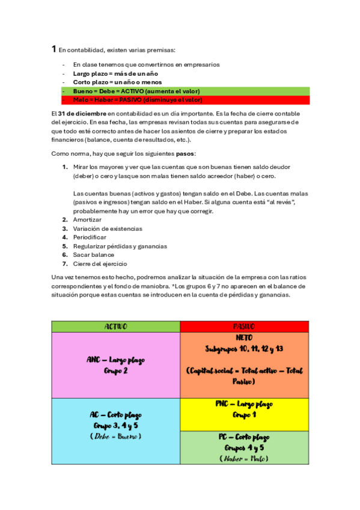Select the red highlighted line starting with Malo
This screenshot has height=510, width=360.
tap(138, 99)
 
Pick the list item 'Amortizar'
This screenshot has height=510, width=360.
tap(88, 220)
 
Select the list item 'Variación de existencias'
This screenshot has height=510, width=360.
tap(108, 229)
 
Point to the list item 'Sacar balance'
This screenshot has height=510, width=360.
tap(93, 254)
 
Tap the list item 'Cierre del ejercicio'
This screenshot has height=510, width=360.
tap(100, 263)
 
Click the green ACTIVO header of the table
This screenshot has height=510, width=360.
tap(116, 327)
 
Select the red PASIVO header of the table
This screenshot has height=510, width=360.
tap(244, 327)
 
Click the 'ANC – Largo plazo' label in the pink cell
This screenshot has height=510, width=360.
tap(116, 360)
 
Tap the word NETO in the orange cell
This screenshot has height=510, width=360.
tap(245, 337)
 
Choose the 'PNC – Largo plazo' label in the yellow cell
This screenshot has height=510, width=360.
tap(244, 404)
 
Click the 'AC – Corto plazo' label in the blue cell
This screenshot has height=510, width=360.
tap(116, 415)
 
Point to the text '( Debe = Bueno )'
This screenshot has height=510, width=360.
tap(116, 435)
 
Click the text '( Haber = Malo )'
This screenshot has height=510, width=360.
tap(244, 458)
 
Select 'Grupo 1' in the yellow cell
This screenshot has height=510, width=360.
tap(244, 414)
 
